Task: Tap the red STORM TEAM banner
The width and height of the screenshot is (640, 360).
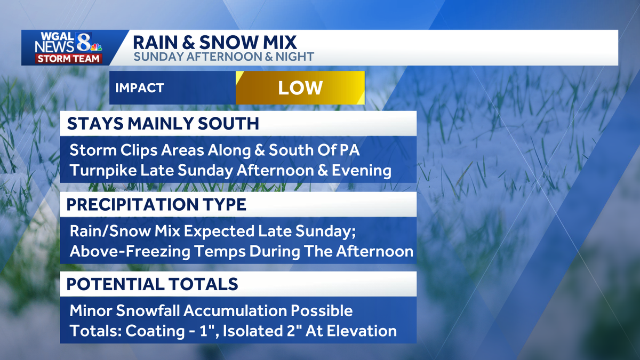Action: coord(68,59)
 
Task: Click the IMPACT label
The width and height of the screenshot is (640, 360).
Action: coord(140,88)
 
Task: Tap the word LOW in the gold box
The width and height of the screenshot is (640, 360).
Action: coord(300,88)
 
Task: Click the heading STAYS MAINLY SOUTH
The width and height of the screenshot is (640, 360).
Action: coord(163,124)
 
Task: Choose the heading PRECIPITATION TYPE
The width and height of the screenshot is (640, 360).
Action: coord(156,204)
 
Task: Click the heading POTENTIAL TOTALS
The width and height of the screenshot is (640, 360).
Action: coord(152,284)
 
